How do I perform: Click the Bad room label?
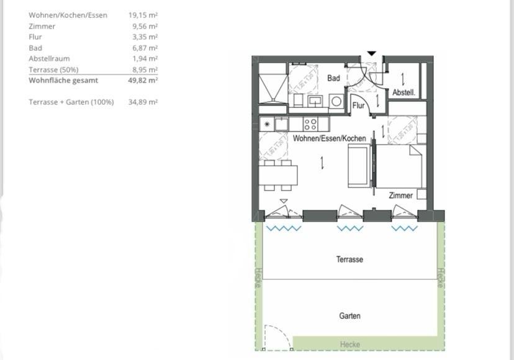click(x=333, y=78)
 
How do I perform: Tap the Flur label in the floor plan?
click(x=358, y=106)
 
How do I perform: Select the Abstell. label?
click(x=404, y=92)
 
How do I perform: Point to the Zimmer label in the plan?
click(x=400, y=196)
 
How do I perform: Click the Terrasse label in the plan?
click(x=349, y=259)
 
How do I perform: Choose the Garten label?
click(x=349, y=316)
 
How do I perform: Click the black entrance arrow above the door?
click(x=371, y=54)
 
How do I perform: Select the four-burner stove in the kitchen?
click(x=310, y=124)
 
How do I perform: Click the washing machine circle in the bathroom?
click(x=336, y=101)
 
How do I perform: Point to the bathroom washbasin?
click(x=315, y=101)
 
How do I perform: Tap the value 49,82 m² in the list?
click(x=143, y=80)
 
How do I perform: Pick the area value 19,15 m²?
click(x=143, y=15)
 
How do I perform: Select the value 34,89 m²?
click(x=143, y=102)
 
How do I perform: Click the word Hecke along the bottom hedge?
click(x=349, y=344)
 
